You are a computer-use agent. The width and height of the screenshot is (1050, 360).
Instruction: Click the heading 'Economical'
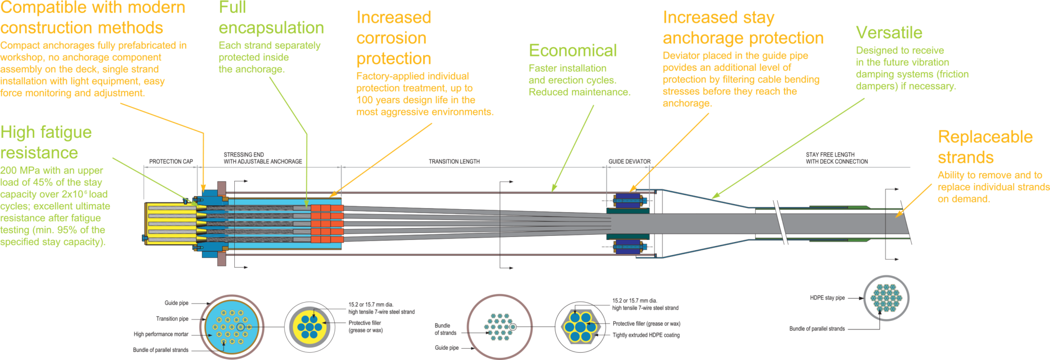click(x=573, y=51)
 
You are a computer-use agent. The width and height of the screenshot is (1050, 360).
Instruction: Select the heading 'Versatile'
click(x=889, y=33)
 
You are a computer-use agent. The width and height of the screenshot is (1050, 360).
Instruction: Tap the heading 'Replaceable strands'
click(x=984, y=147)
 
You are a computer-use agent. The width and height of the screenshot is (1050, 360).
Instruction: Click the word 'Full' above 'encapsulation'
click(x=232, y=8)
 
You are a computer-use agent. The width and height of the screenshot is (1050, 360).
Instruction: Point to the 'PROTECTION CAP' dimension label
click(x=171, y=162)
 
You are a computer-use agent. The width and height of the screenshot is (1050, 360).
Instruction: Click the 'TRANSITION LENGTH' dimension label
click(x=454, y=162)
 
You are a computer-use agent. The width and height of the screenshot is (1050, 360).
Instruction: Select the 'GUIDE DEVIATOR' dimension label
click(x=629, y=162)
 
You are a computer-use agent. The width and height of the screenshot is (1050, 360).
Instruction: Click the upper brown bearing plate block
click(x=222, y=189)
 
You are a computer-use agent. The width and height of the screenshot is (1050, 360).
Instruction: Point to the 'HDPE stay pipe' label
click(x=827, y=298)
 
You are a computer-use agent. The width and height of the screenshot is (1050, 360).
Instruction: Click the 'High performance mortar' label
click(x=161, y=334)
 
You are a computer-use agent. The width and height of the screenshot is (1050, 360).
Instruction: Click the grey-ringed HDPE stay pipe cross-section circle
click(x=886, y=297)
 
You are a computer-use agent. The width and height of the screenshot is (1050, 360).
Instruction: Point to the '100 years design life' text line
click(x=415, y=100)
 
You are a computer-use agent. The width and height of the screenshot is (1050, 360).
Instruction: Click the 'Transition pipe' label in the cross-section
click(x=172, y=318)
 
